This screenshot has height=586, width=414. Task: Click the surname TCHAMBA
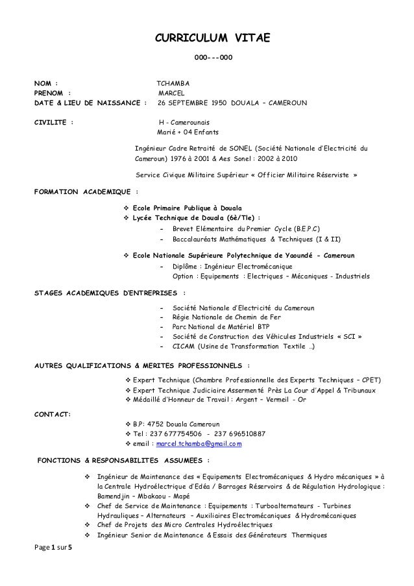(x=173, y=83)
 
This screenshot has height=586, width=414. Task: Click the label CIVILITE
(x=53, y=122)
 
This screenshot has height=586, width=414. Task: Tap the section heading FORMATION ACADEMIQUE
(x=85, y=191)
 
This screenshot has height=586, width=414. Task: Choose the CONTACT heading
(x=53, y=413)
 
